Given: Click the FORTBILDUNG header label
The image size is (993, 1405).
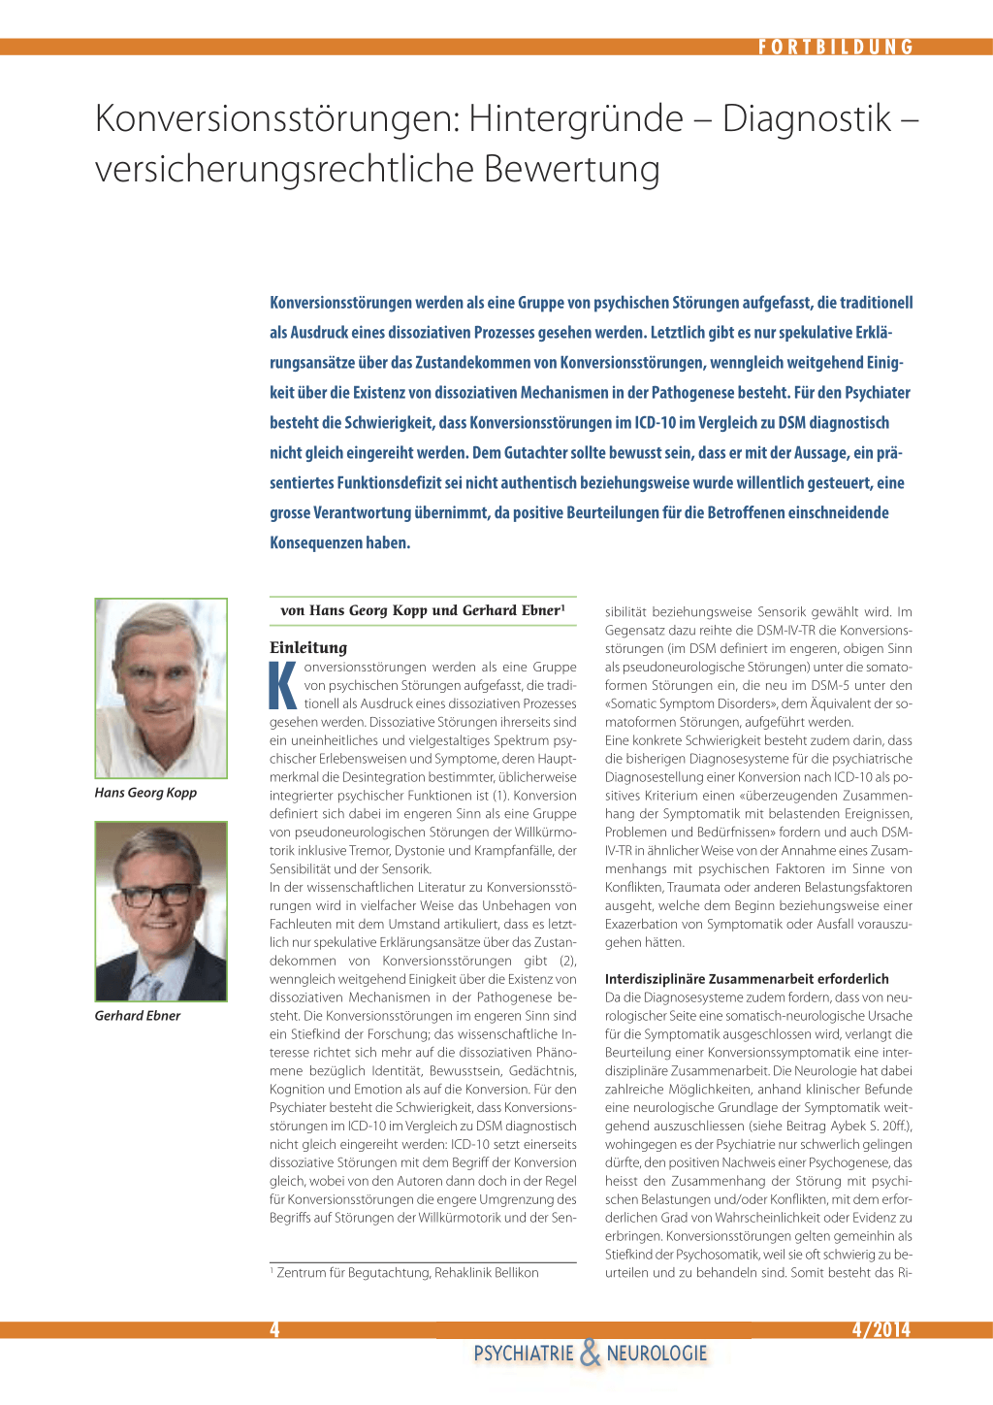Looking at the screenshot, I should (836, 47).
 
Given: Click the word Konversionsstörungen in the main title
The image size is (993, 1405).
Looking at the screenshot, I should (276, 118).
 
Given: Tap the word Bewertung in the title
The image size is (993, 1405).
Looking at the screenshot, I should (571, 169).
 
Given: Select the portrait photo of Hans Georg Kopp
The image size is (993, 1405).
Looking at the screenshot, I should (161, 688).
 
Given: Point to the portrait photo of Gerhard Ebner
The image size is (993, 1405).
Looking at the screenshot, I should (161, 911).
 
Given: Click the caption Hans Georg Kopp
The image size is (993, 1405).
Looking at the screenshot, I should (145, 793).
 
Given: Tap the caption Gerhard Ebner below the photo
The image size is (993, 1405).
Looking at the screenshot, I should (138, 1016).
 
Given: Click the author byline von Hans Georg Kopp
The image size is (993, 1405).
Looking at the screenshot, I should (422, 610).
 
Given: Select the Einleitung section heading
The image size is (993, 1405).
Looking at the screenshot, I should (308, 647).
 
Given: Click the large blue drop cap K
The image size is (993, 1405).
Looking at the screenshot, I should (283, 685).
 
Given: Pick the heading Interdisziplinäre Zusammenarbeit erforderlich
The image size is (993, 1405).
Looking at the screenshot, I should (747, 979).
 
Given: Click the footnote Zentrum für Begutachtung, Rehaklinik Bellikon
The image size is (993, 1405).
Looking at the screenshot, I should (407, 1273).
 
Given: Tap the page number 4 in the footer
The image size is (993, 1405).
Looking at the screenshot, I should (274, 1329).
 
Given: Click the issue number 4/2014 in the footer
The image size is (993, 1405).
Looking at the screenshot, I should (881, 1329).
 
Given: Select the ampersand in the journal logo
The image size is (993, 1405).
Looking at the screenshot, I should (590, 1353).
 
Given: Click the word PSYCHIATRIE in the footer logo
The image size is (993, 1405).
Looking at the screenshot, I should (524, 1354).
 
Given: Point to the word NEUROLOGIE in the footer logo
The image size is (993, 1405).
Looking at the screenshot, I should (657, 1354).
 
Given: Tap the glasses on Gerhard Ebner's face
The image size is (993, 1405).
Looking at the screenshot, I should (161, 894).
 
